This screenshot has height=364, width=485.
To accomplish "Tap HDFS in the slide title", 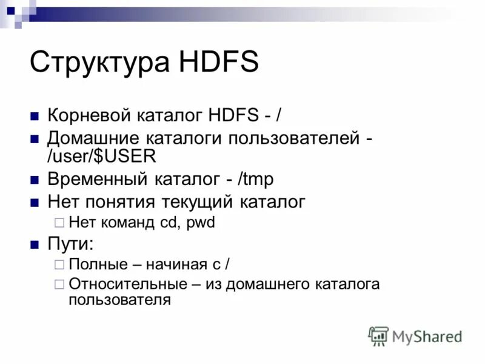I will click(x=221, y=62).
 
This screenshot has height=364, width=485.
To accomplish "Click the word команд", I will click(x=128, y=223).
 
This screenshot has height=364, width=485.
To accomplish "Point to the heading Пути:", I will click(x=71, y=244).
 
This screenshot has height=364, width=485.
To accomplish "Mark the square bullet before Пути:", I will click(x=35, y=244).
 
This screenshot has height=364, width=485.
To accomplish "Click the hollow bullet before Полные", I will click(x=59, y=265).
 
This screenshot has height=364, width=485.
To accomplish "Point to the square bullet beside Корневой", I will click(x=35, y=116).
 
